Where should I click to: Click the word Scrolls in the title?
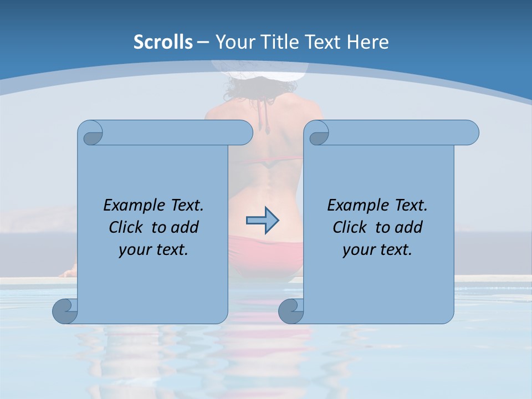click(x=163, y=42)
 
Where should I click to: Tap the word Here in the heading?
click(x=368, y=42)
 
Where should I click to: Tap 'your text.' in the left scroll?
click(x=154, y=249)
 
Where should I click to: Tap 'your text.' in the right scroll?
click(x=377, y=249)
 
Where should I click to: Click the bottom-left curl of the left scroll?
click(x=65, y=311)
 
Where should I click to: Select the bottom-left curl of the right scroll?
click(x=291, y=311)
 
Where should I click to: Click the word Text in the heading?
click(x=322, y=42)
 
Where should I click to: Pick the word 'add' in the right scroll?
click(x=410, y=227)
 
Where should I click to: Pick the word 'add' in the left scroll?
click(x=186, y=227)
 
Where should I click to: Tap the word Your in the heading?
click(x=233, y=42)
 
